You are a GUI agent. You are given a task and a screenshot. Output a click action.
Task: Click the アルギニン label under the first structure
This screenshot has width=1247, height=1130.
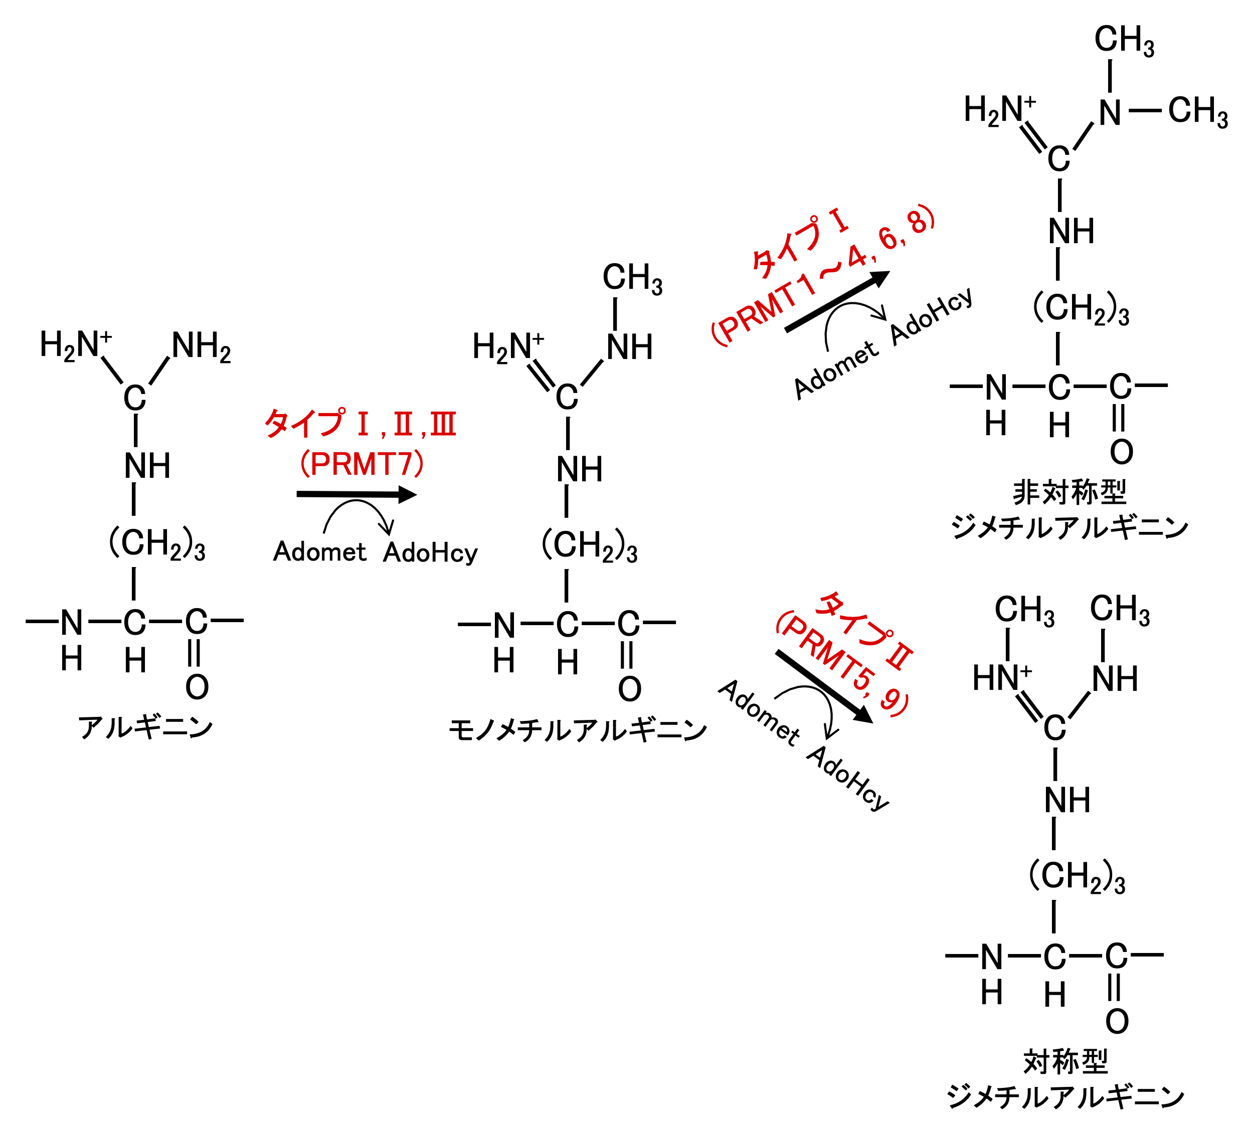(x=145, y=727)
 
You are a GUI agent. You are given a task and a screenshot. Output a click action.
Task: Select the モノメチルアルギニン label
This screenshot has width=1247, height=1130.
(x=578, y=730)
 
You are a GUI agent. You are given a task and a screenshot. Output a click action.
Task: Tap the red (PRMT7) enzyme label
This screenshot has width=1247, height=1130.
(x=362, y=464)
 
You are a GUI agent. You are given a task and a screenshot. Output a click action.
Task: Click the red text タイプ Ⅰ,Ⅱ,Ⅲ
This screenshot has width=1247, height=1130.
(x=361, y=424)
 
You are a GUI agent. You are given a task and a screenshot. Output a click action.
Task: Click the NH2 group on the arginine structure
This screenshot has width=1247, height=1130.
(x=201, y=346)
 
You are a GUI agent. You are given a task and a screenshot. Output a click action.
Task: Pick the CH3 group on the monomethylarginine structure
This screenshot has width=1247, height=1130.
(x=632, y=278)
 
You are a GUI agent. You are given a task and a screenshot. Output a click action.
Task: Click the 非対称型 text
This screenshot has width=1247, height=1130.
(x=1070, y=492)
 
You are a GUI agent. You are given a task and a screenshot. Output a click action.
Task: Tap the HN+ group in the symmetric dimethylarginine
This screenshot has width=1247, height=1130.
(x=1001, y=678)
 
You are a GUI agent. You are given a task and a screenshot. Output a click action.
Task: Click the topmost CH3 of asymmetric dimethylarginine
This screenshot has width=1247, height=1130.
(x=1124, y=40)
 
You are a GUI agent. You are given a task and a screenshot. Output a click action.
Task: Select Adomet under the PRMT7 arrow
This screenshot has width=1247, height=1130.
(x=320, y=551)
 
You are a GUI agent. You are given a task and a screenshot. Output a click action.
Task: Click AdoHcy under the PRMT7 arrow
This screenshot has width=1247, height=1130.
(x=431, y=553)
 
